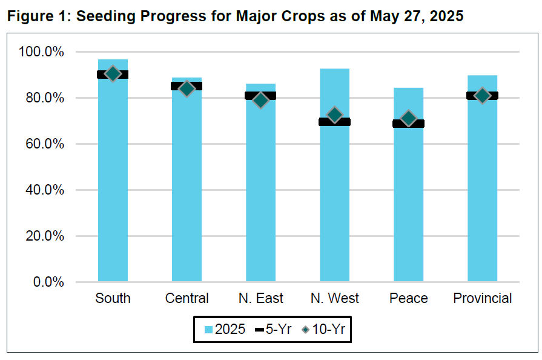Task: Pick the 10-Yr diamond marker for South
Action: [113, 73]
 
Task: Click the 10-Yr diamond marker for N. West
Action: [335, 115]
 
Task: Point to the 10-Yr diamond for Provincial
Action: [483, 95]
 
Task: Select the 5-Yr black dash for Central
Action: [187, 86]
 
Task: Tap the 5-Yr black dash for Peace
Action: [409, 124]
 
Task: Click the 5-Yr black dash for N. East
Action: [260, 96]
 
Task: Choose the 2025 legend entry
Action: [225, 329]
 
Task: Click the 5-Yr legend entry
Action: [273, 329]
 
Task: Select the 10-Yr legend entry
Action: [323, 329]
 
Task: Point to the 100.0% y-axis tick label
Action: [41, 52]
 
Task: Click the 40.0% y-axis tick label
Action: [45, 190]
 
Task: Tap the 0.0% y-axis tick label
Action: [48, 282]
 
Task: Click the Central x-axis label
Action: [187, 298]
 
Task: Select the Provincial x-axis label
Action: [483, 298]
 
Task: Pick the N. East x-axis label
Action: [260, 298]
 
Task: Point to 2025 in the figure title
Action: [446, 16]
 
